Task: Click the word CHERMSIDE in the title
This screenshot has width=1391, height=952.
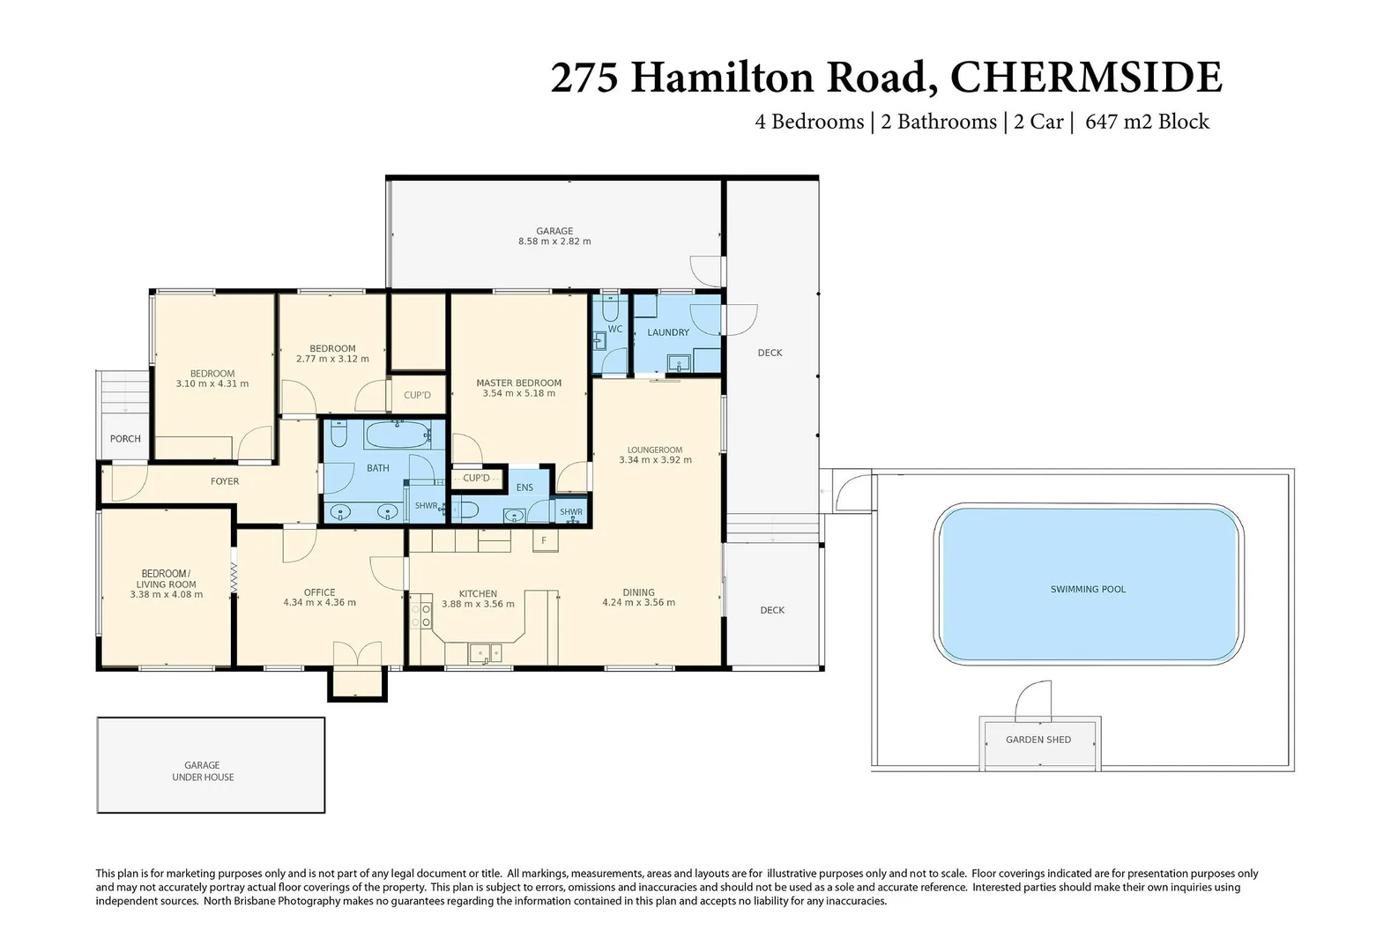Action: coord(1086,78)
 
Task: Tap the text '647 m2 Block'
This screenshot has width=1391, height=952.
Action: coord(1147,122)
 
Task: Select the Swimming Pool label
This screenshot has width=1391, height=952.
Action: coord(1088,589)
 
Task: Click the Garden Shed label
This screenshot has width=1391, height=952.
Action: coord(1038,740)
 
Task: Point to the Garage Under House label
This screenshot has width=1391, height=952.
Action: coord(203,771)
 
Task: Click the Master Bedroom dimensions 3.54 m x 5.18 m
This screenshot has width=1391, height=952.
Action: coord(518,393)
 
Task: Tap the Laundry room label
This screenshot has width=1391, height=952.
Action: coord(668,332)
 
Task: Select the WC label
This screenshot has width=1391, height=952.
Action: coord(615,329)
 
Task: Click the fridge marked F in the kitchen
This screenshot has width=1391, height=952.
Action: coord(544,540)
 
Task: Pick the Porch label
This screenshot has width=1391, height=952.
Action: coord(125,438)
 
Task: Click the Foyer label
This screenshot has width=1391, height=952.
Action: coord(225,481)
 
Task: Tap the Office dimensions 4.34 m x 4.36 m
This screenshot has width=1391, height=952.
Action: coord(319,603)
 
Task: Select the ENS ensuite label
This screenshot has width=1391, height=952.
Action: coord(524,487)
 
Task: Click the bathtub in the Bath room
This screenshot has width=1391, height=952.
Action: coord(398,434)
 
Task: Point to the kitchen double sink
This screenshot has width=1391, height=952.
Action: coord(484,653)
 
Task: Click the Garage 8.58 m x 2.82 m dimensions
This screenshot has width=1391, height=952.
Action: coord(554,242)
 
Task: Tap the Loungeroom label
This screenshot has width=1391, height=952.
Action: coord(655,450)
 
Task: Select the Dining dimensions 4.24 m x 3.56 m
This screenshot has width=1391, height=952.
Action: coord(638,603)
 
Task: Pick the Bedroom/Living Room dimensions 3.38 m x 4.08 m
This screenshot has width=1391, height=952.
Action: coord(166,595)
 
